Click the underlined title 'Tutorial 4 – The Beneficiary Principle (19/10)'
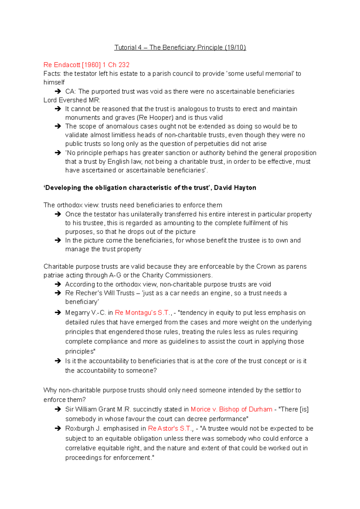pos(180,47)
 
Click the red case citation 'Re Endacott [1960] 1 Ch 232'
pos(86,65)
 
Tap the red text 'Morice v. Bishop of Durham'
pos(231,409)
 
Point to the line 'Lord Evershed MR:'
pos(72,100)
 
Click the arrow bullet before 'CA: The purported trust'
pos(58,91)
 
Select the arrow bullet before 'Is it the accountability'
pos(58,361)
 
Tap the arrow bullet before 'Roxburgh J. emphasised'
pos(58,428)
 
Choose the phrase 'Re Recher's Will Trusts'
pos(100,293)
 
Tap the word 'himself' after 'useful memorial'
pos(54,82)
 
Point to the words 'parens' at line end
pos(296,266)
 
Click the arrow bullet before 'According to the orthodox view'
pos(58,284)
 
